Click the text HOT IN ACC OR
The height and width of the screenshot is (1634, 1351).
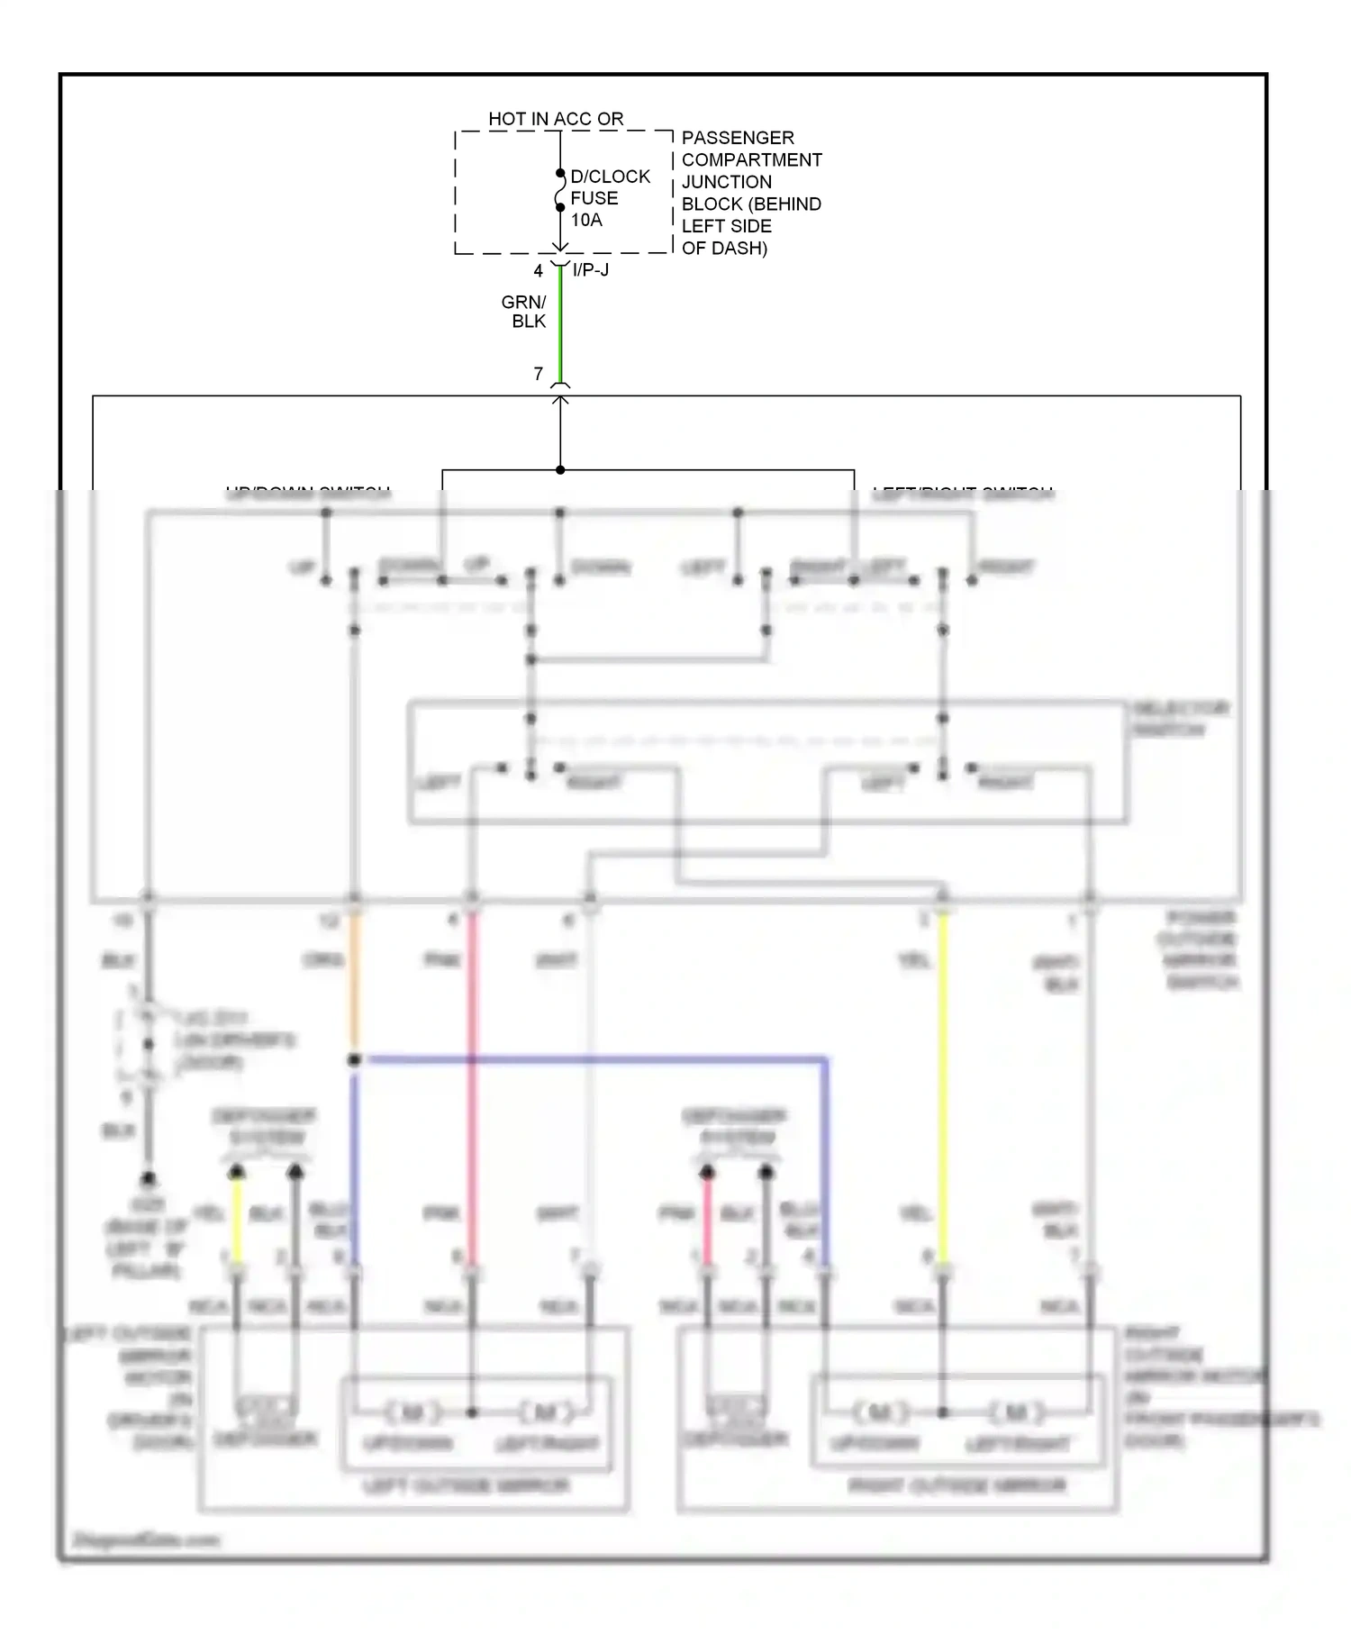pyautogui.click(x=556, y=119)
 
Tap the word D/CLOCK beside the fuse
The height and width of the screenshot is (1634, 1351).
pyautogui.click(x=610, y=177)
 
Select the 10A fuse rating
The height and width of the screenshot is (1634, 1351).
pyautogui.click(x=586, y=220)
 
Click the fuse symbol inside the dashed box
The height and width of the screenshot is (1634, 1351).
pyautogui.click(x=559, y=191)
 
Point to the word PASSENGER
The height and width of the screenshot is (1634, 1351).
pyautogui.click(x=738, y=138)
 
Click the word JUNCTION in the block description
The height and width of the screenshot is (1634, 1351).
pyautogui.click(x=726, y=182)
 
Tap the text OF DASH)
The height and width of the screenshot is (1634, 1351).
pyautogui.click(x=724, y=248)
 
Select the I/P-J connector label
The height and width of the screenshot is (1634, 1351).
pyautogui.click(x=591, y=269)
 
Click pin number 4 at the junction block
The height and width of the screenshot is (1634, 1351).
pyautogui.click(x=539, y=270)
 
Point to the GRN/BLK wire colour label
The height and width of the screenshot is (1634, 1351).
pyautogui.click(x=525, y=312)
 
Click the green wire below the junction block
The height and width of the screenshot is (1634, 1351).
pyautogui.click(x=560, y=324)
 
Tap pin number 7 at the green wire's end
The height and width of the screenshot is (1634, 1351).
pyautogui.click(x=539, y=373)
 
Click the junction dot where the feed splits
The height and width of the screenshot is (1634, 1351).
pyautogui.click(x=560, y=469)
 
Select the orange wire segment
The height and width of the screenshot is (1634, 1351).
pyautogui.click(x=354, y=982)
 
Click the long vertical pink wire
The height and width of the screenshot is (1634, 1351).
pyautogui.click(x=472, y=1081)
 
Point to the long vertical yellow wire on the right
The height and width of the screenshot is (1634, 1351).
pyautogui.click(x=943, y=1081)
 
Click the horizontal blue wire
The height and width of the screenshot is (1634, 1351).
pyautogui.click(x=594, y=1059)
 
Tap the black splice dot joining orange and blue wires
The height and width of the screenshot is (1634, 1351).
pyautogui.click(x=354, y=1060)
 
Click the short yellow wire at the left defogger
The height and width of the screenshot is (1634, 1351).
pyautogui.click(x=237, y=1221)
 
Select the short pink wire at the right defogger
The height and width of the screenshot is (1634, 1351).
pyautogui.click(x=708, y=1221)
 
